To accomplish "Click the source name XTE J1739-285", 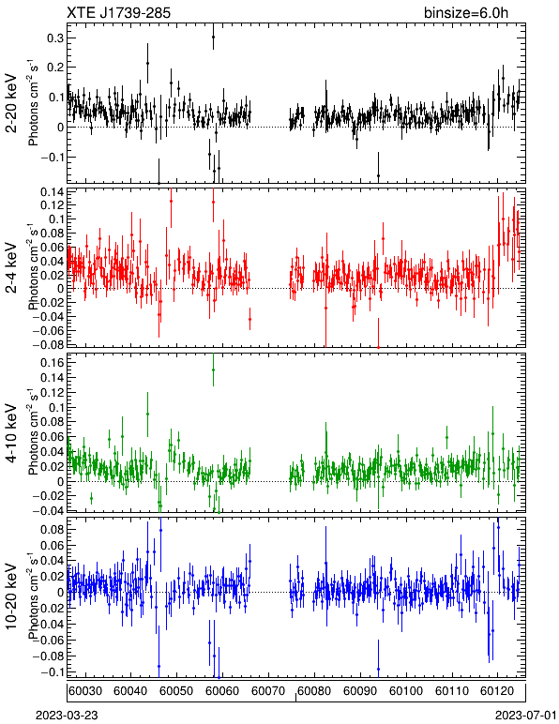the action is tap(118, 12).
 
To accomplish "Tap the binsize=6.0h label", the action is tap(466, 12).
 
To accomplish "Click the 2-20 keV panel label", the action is tap(11, 103).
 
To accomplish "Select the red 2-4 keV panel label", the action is tap(11, 268).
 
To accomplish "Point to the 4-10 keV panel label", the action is tap(11, 433).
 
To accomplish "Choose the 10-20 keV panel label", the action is tap(11, 596).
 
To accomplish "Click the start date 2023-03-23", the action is tap(67, 716).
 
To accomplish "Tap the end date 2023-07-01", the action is tap(526, 716).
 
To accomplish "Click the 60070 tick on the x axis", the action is tap(269, 691).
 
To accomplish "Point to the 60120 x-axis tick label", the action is tap(499, 691).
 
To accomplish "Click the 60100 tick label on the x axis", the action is tap(407, 691).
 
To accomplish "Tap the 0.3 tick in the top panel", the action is tap(55, 38).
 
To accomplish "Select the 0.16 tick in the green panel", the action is tap(53, 363).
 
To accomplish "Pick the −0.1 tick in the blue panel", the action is tap(50, 671).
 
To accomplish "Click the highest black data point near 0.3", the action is tap(213, 37).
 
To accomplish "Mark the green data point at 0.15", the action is tap(213, 370).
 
